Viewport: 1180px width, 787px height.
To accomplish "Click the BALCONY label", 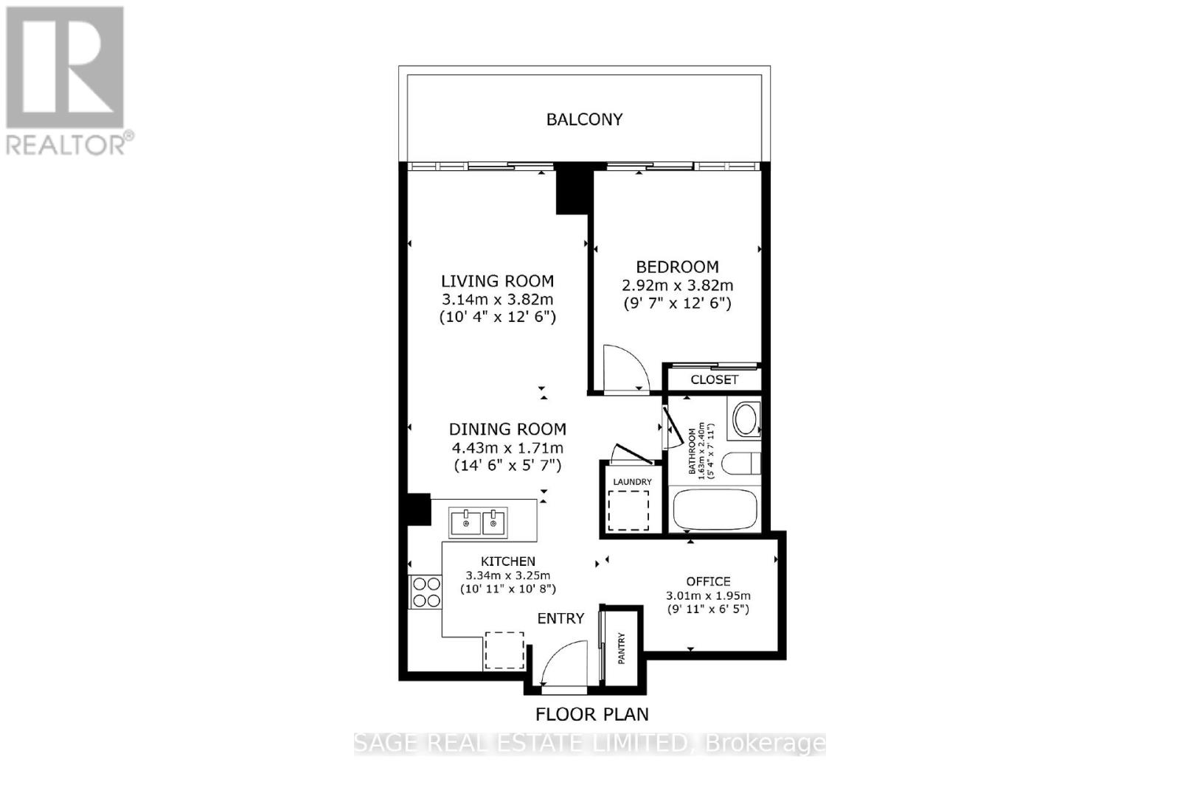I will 584,119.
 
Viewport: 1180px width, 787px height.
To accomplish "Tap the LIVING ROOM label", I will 497,281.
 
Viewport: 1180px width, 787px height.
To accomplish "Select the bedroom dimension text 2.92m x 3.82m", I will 677,285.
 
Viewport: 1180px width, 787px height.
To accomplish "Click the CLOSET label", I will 714,379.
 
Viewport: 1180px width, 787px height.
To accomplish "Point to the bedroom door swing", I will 624,368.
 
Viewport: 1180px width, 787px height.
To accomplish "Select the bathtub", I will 715,508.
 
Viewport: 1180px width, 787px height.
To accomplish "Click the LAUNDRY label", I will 632,482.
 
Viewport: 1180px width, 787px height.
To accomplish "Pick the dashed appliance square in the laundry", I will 628,511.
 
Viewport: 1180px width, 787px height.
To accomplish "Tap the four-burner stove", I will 426,592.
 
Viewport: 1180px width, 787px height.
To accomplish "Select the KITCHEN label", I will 508,562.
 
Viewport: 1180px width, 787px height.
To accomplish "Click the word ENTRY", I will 560,619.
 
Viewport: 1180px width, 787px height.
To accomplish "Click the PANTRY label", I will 621,648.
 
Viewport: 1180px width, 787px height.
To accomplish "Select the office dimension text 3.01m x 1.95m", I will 708,595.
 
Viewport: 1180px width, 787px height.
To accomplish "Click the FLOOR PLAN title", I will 591,714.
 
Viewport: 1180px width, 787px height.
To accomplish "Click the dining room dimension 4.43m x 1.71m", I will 507,448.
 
